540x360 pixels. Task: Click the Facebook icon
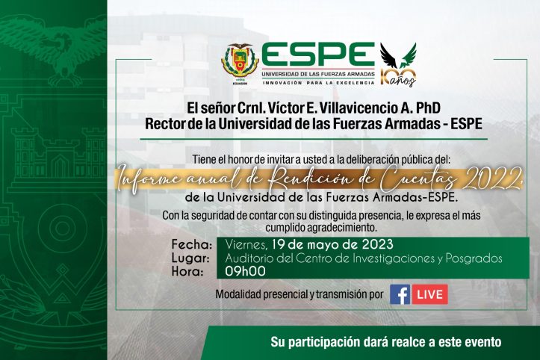tap(400, 294)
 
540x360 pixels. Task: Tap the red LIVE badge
tap(430, 294)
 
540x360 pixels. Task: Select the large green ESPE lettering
tap(317, 55)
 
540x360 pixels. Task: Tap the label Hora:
tap(188, 272)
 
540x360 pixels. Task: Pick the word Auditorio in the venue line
tap(249, 258)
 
